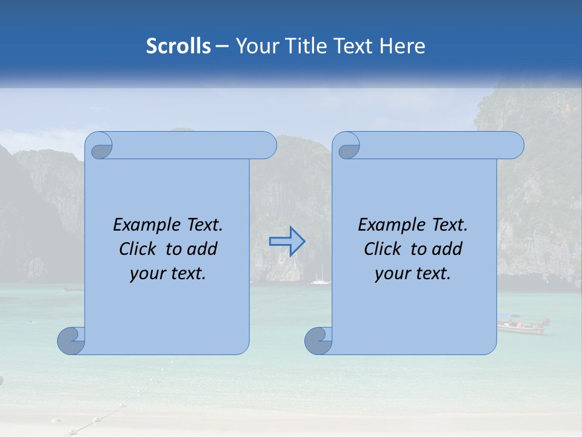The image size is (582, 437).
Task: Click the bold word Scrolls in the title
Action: pyautogui.click(x=179, y=46)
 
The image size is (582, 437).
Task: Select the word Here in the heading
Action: pyautogui.click(x=402, y=46)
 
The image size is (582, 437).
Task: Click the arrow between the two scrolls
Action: pyautogui.click(x=287, y=242)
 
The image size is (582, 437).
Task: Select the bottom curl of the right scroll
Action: pyautogui.click(x=319, y=340)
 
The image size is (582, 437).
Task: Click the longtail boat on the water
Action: pyautogui.click(x=522, y=326)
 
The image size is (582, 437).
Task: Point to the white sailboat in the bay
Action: pyautogui.click(x=320, y=280)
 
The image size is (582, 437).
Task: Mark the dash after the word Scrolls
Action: pyautogui.click(x=222, y=46)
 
